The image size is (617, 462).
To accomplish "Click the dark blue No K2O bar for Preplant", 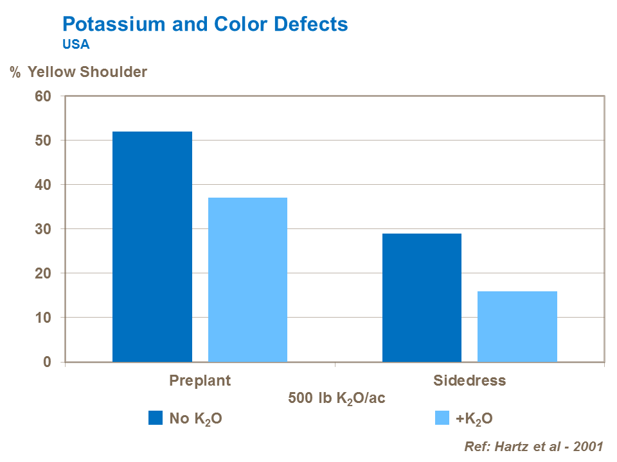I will pos(152,247).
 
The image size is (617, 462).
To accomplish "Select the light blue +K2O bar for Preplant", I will pos(247,280).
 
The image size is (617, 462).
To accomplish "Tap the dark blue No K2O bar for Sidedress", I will pos(422,298).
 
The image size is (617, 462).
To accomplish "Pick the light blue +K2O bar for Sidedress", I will pos(517,327).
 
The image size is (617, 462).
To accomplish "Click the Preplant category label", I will pos(200,380).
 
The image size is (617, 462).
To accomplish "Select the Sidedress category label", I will pos(469,380).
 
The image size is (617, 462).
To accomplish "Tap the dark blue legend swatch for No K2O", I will pos(156,418).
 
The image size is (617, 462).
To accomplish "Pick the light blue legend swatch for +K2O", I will pos(442,418).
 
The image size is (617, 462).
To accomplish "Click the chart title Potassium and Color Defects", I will pos(205,24).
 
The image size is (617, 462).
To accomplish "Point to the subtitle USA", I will pos(76,45).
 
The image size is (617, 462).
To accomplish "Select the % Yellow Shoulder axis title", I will pos(78,72).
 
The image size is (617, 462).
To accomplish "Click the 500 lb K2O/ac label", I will pos(337,398).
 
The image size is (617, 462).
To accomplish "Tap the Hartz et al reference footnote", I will pos(533,447).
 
